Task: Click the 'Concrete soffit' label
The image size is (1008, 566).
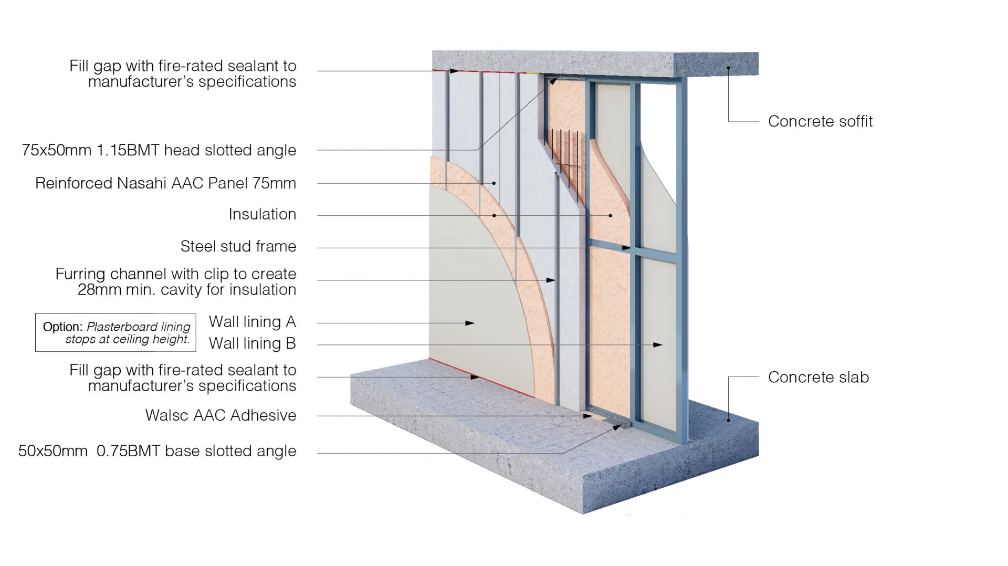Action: pos(820,121)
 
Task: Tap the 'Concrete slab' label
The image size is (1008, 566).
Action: pos(818,377)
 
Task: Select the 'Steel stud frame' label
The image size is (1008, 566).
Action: pos(238,246)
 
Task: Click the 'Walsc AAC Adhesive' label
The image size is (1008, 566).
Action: pos(220,415)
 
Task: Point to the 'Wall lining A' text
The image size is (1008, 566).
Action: pos(252,321)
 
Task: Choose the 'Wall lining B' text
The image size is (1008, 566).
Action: pos(252,343)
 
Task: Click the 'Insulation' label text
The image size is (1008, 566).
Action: pos(262,214)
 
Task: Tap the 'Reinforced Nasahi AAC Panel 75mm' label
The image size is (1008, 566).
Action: pos(165,183)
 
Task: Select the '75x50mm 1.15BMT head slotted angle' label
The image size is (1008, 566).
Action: pos(159,150)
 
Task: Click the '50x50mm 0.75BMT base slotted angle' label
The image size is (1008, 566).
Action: pos(157,451)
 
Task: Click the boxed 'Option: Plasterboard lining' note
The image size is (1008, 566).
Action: pos(115,332)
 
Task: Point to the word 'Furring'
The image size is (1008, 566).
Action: pos(81,274)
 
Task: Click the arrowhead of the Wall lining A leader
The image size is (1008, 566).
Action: pos(471,323)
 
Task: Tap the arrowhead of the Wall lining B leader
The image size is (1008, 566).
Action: pos(658,345)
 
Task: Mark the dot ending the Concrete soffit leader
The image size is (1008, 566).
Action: pos(729,68)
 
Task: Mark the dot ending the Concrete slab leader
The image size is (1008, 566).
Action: pos(729,420)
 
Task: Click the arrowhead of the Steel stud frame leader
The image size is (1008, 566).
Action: pos(627,248)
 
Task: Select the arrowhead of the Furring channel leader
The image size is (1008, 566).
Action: pos(551,280)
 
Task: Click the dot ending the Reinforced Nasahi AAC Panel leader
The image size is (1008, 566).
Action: pos(494,183)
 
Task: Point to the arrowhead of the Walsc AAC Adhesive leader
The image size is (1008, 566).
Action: pos(588,416)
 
